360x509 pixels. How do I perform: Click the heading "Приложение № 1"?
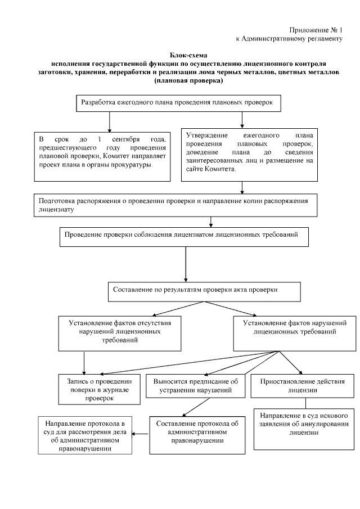point(316,29)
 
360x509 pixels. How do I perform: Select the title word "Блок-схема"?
point(188,55)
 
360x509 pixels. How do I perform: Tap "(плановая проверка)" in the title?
point(188,81)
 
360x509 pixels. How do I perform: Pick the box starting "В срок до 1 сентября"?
point(102,155)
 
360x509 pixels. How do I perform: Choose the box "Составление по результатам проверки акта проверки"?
point(204,290)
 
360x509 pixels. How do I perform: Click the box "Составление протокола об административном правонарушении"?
point(197,434)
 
